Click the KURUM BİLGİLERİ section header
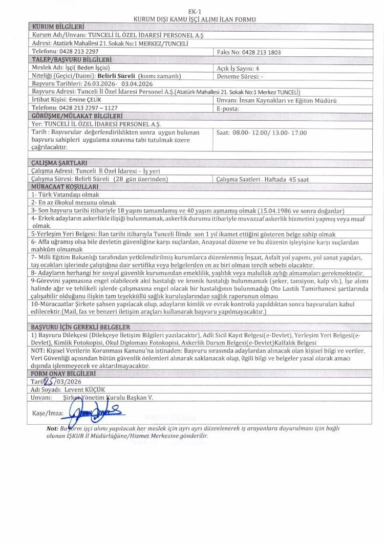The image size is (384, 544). [x=58, y=26]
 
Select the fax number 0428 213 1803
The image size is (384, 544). [x=266, y=52]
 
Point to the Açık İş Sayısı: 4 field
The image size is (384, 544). [x=238, y=68]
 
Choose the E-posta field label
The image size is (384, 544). [x=228, y=108]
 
